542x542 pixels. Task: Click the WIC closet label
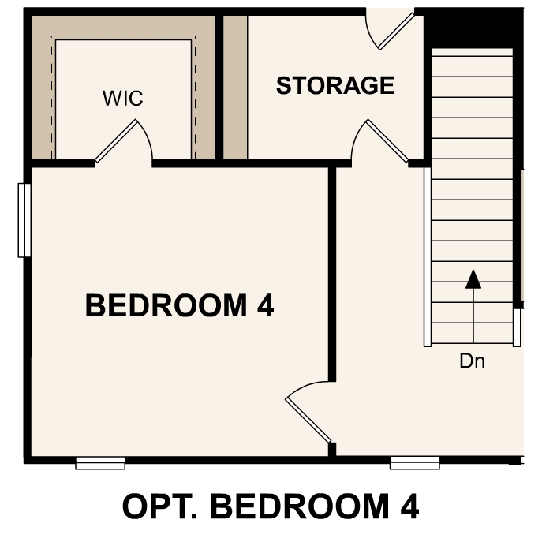point(122,99)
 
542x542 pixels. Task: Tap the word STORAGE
point(335,85)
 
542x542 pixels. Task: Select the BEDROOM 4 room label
point(179,305)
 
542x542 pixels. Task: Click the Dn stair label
point(472,362)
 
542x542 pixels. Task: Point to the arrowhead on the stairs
point(472,278)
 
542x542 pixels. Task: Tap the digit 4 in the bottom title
point(408,506)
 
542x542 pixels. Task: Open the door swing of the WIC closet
point(123,143)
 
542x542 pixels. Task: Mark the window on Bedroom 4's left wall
point(24,220)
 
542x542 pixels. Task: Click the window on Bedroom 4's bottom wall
point(100,463)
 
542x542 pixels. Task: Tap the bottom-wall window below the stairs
point(414,463)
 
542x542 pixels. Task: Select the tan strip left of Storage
point(235,87)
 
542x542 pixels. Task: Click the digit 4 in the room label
point(265,305)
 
